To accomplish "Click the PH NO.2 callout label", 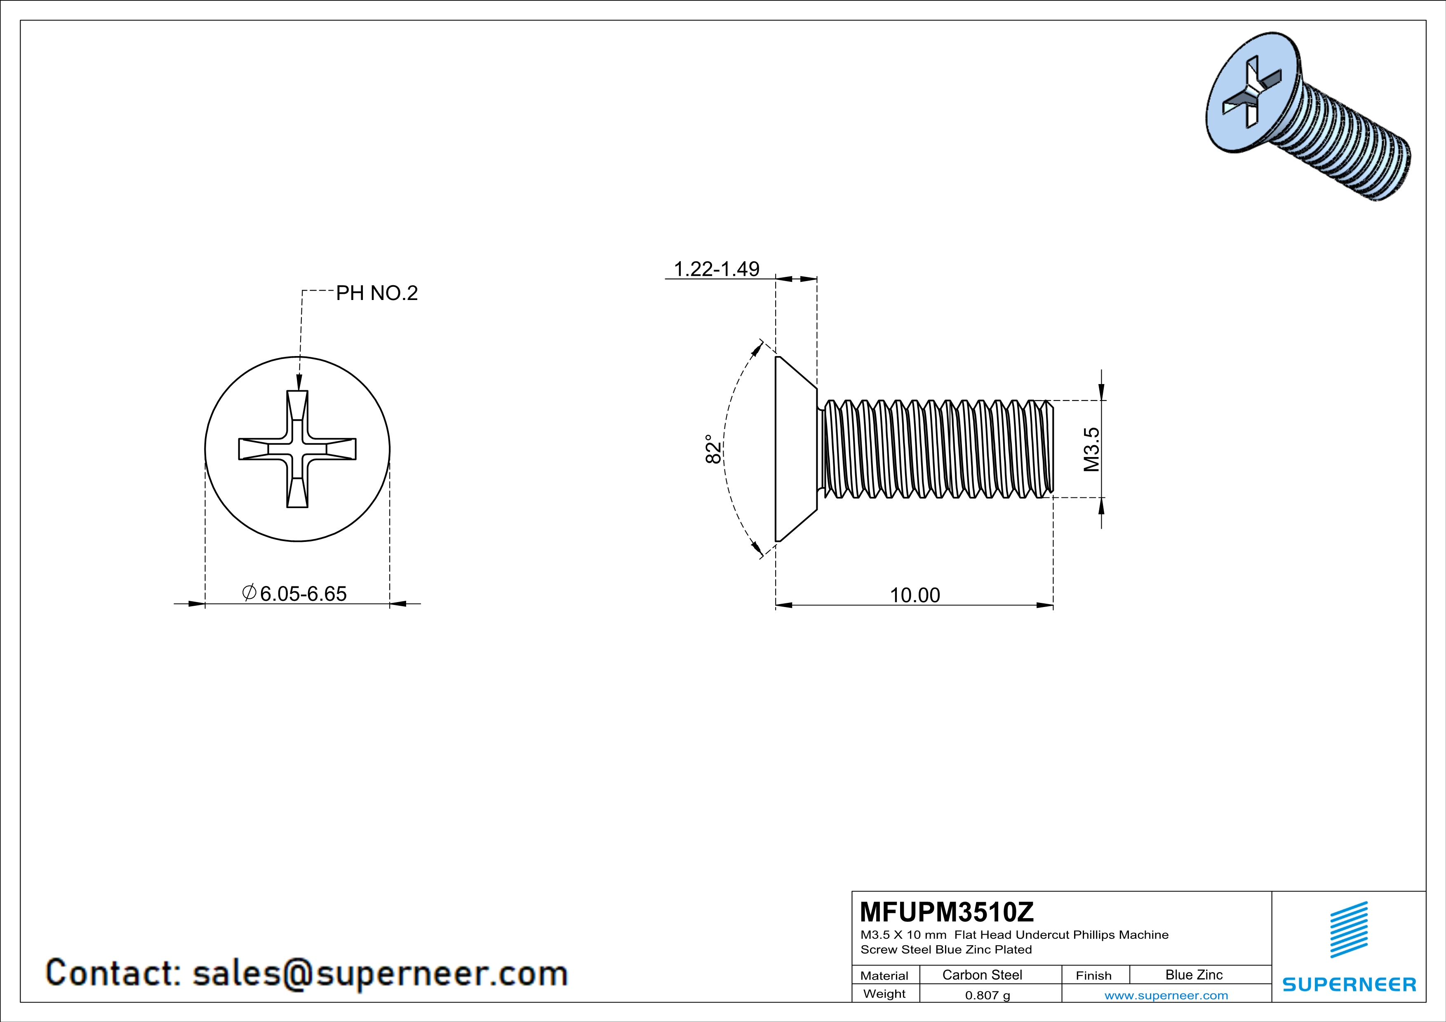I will coord(376,293).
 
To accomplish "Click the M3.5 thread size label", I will coord(1091,449).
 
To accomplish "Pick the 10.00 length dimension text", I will coord(915,595).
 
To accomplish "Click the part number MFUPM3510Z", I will coord(947,912).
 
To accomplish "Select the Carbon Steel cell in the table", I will coord(982,975).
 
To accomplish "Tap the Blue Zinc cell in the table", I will coord(1193,975).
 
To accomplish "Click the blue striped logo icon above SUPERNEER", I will coord(1349,930).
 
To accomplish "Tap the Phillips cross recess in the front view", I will coord(297,449).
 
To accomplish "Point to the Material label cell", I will coord(884,975).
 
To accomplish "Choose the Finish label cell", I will coord(1093,975).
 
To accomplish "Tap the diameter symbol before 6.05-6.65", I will coord(249,592).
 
